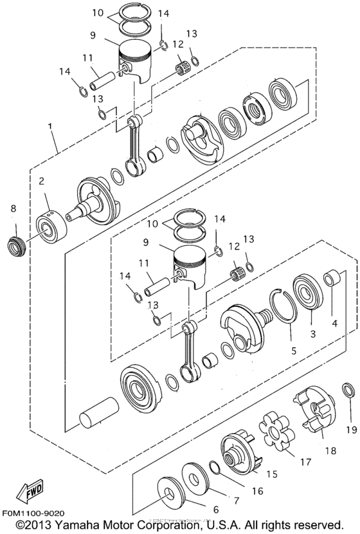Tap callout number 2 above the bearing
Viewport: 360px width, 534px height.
pos(40,181)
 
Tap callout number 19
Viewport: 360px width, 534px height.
pos(350,430)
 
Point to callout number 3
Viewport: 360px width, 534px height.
pos(313,334)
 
